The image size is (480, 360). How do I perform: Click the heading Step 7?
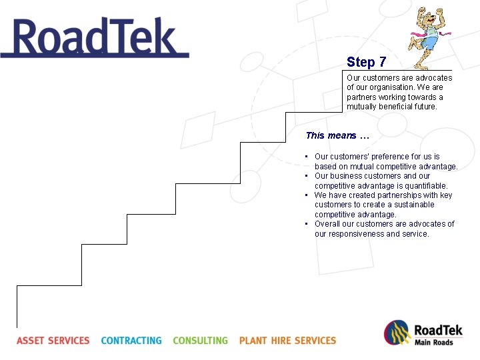point(366,62)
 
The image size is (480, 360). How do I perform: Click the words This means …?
point(337,135)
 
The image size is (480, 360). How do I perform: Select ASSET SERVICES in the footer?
point(53,341)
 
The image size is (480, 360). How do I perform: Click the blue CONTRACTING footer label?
point(131,341)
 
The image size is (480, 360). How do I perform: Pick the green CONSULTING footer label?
point(200,341)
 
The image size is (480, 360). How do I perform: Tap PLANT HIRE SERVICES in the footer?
point(287,341)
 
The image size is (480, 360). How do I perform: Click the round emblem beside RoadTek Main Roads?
point(396,333)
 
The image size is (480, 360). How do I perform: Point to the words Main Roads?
point(433,343)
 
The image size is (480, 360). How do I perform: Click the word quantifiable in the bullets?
point(426,186)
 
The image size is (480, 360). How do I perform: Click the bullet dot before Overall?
point(305,224)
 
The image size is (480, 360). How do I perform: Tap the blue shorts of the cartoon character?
point(429,43)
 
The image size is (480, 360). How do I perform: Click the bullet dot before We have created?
point(305,195)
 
